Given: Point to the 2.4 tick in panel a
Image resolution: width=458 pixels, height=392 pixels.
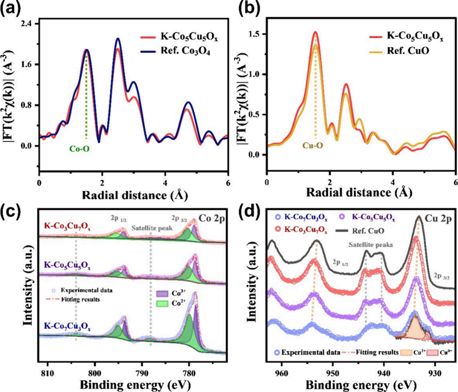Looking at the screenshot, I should pyautogui.click(x=25, y=23).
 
